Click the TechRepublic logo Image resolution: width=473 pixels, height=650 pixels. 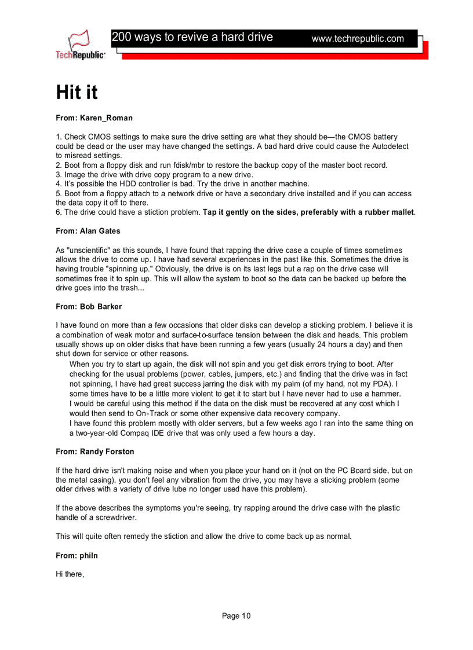tap(80, 45)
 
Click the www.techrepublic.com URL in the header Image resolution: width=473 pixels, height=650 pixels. tap(357, 39)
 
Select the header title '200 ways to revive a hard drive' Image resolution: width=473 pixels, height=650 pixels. tap(192, 37)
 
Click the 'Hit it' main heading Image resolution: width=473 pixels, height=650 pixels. tap(77, 93)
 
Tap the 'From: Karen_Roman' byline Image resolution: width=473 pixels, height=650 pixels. tap(94, 118)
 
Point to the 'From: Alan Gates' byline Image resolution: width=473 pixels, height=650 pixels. tap(88, 231)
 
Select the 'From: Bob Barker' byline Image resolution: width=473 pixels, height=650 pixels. tap(89, 306)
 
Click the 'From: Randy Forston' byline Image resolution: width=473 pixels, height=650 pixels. tap(95, 451)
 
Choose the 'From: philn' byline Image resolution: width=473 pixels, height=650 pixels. tap(77, 556)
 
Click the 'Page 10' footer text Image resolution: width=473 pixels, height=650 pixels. tap(237, 616)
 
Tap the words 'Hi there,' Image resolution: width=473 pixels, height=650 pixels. tap(70, 574)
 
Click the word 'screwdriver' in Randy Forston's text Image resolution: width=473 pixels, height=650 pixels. tap(112, 517)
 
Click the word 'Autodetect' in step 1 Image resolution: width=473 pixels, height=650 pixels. tap(388, 146)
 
